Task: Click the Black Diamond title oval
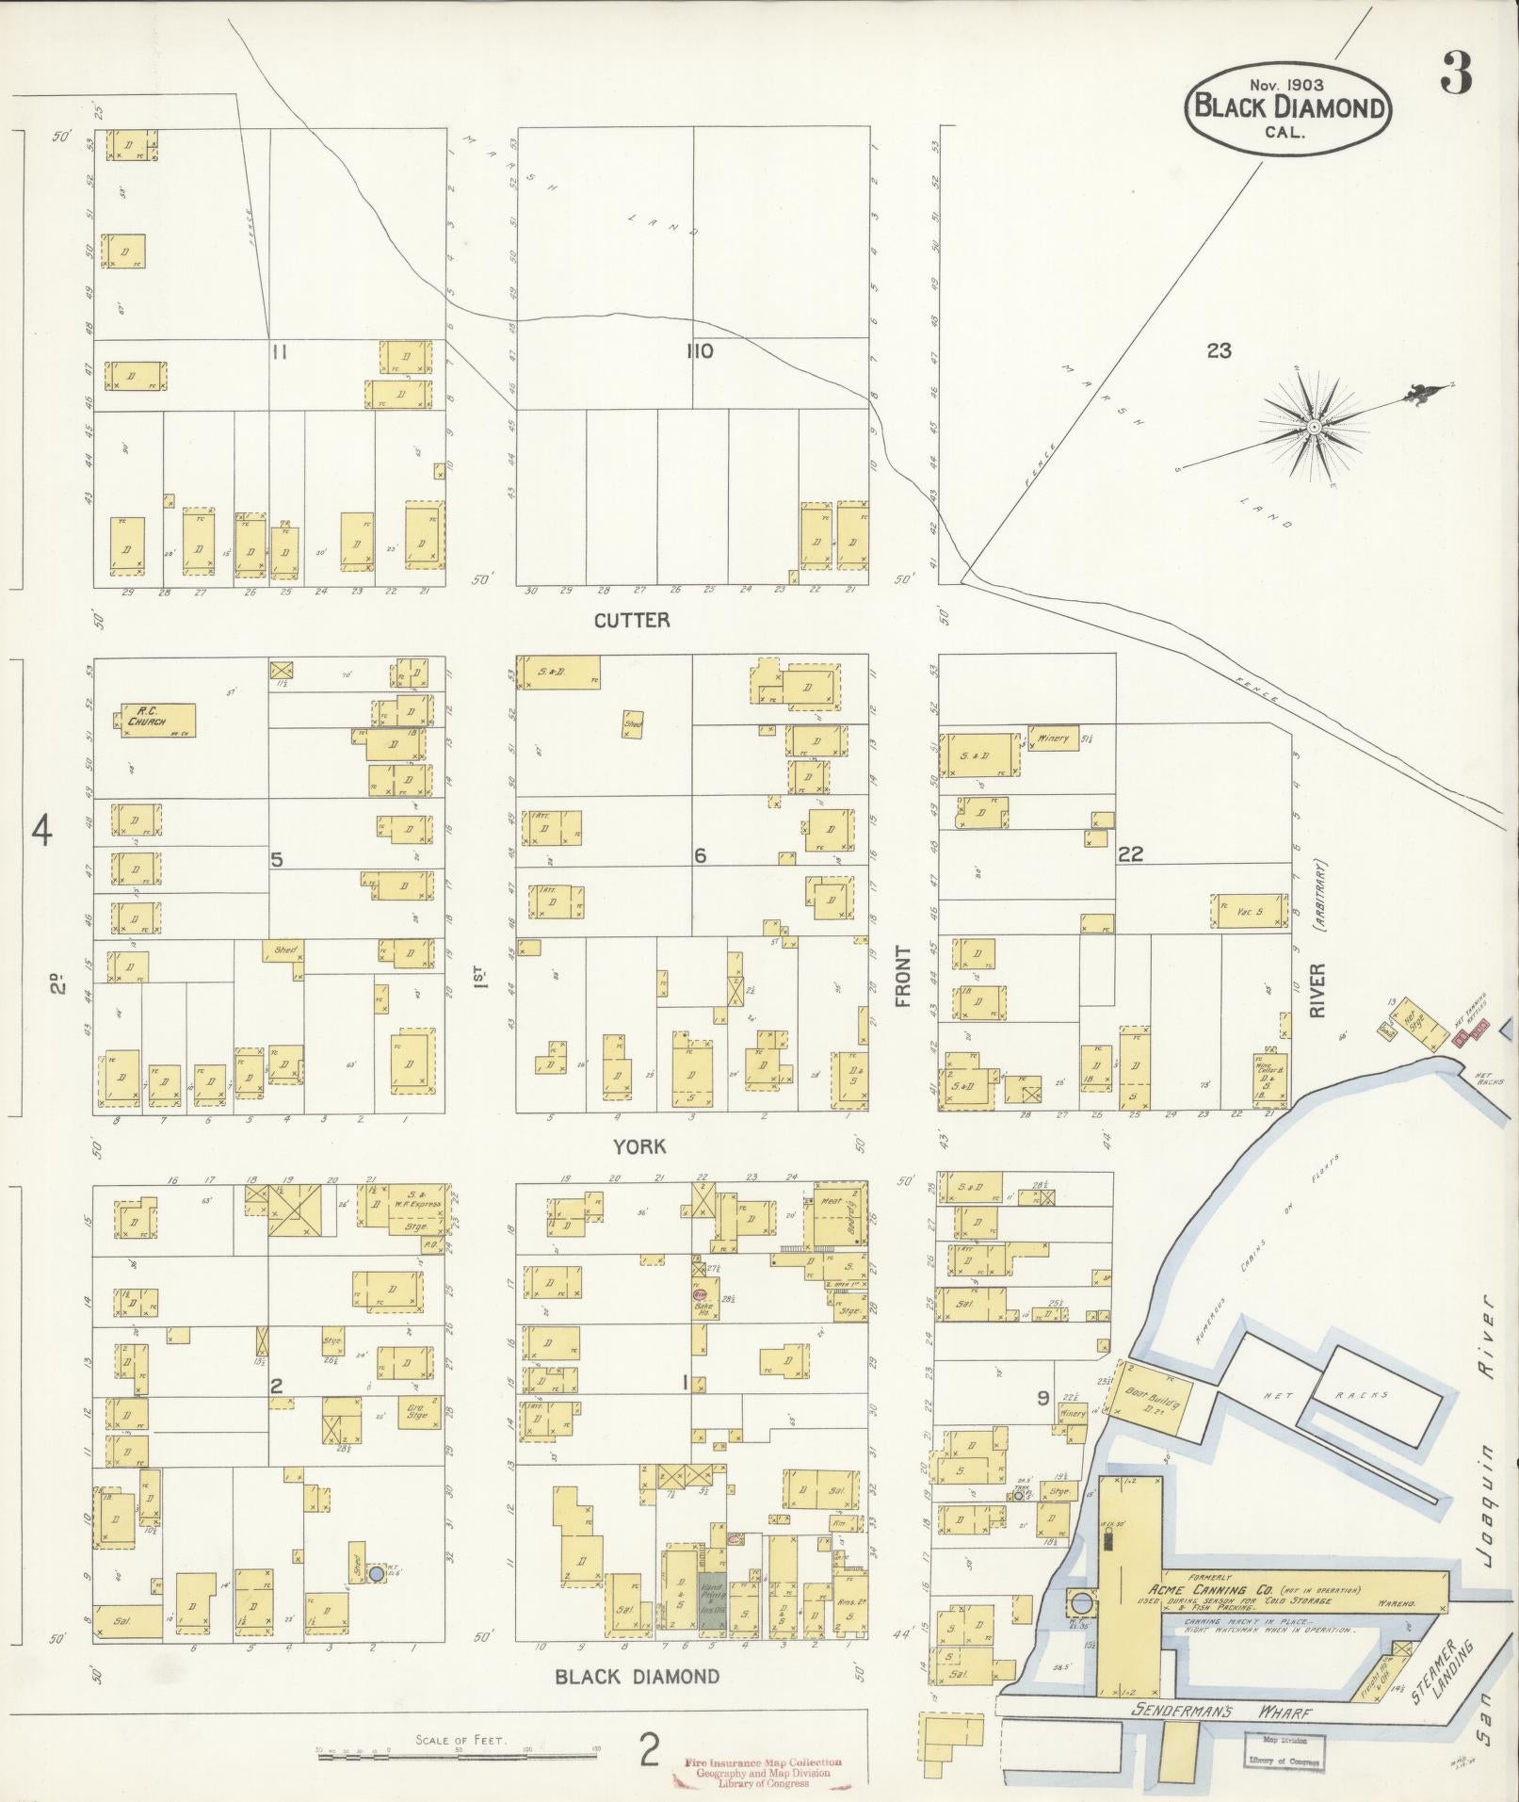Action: click(1288, 108)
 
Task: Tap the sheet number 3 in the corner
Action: click(1455, 73)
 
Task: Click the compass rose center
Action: click(1313, 427)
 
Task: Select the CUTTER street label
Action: click(632, 620)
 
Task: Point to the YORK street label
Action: click(639, 1146)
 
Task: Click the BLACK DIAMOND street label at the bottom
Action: click(637, 1677)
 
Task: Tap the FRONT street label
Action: click(904, 977)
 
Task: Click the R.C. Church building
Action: click(158, 720)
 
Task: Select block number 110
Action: click(699, 351)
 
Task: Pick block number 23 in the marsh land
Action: click(1219, 350)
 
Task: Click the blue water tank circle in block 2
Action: click(376, 1574)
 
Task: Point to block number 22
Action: click(1130, 854)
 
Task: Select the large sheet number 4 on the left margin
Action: click(41, 831)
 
